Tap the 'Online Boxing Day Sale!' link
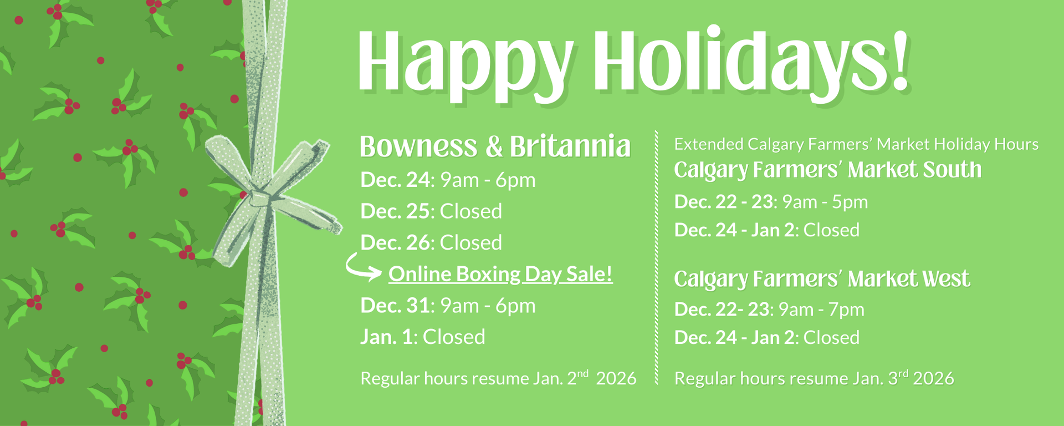tap(500, 274)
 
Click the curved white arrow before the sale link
tap(362, 267)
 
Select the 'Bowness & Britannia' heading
tap(495, 146)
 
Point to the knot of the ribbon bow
tap(260, 198)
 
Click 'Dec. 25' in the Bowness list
tap(395, 211)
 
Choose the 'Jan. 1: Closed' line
tap(423, 337)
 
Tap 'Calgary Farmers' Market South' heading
tap(827, 170)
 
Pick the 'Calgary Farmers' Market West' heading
tap(822, 279)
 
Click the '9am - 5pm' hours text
tap(825, 202)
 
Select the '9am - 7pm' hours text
tap(821, 310)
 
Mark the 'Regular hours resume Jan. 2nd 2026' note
tap(498, 378)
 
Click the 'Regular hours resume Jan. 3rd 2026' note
tap(814, 378)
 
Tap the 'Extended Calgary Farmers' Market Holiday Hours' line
tap(856, 144)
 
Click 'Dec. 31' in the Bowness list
tap(395, 306)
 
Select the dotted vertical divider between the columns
tap(656, 257)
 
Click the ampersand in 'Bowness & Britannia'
tap(494, 147)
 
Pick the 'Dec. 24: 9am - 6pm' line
tap(448, 180)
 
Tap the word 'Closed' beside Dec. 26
tap(471, 243)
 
